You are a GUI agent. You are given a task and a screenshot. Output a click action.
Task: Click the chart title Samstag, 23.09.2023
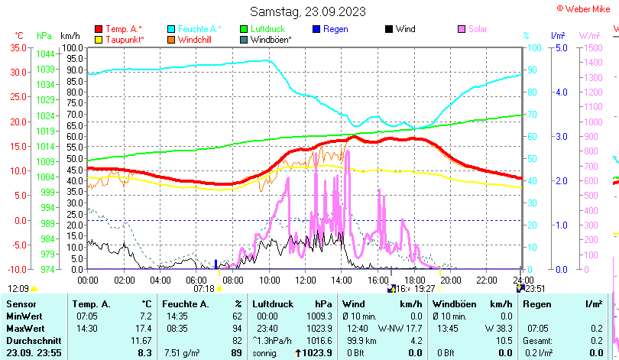pos(308,11)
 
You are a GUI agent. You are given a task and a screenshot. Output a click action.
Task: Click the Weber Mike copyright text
pos(586,8)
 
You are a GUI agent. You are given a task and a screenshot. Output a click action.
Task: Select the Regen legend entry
pos(335,29)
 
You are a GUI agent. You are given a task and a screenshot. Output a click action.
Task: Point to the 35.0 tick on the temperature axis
pos(17,47)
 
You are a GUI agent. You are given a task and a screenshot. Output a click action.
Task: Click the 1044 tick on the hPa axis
pos(45,54)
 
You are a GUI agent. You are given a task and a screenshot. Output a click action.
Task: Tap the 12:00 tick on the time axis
pos(304,280)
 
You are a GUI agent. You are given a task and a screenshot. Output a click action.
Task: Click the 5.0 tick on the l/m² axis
pos(559,47)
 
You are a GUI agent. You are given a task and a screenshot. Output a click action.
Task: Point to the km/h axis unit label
pos(70,36)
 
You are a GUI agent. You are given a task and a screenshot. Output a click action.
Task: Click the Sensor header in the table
pos(21,304)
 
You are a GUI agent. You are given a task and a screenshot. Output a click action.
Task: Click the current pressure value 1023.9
pos(316,352)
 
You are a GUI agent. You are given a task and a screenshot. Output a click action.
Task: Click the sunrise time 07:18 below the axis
pos(204,289)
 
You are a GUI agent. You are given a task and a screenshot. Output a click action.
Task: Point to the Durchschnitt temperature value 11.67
pos(141,340)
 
